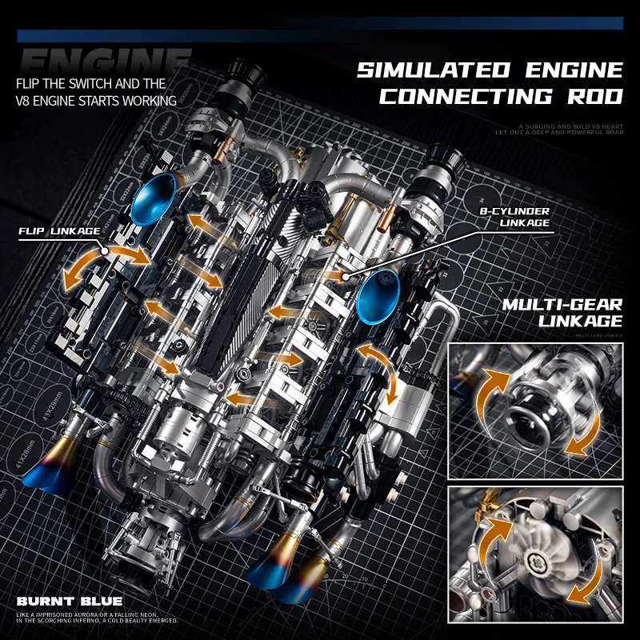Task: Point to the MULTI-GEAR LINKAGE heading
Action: (x=562, y=313)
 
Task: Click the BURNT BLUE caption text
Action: (x=68, y=601)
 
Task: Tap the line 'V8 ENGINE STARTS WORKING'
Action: (x=90, y=101)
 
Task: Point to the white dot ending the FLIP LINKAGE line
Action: (x=106, y=250)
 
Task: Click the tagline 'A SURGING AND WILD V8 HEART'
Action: (x=569, y=126)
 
